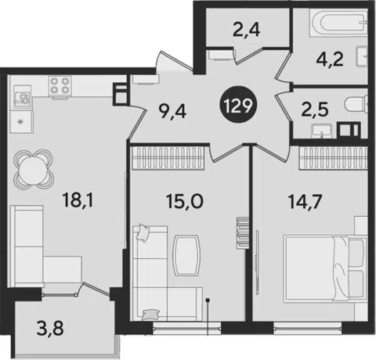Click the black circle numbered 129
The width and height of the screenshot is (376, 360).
pyautogui.click(x=238, y=106)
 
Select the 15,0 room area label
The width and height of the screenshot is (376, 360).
pyautogui.click(x=184, y=201)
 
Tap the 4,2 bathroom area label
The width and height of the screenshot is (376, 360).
pyautogui.click(x=330, y=59)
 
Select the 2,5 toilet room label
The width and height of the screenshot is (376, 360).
pyautogui.click(x=314, y=110)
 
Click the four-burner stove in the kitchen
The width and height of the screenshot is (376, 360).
pyautogui.click(x=60, y=86)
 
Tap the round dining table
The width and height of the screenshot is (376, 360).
pyautogui.click(x=34, y=169)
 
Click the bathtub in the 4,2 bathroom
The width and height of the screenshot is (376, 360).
pyautogui.click(x=338, y=23)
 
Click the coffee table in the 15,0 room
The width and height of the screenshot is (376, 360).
pyautogui.click(x=186, y=255)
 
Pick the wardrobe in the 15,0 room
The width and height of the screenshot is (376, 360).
pyautogui.click(x=168, y=158)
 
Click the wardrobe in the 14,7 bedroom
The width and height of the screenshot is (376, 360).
pyautogui.click(x=334, y=158)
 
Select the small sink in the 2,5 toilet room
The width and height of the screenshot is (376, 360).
pyautogui.click(x=321, y=131)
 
